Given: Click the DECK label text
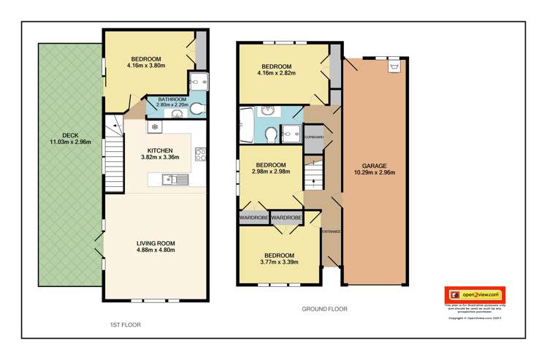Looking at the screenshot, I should coord(70,135).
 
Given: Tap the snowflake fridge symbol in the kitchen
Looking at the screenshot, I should coord(155,127).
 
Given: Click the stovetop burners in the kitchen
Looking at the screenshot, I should coord(200,154).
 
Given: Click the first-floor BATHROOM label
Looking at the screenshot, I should coord(172,99).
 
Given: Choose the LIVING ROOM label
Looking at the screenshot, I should coord(156,243).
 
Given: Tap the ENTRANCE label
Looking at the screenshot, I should coord(331,231).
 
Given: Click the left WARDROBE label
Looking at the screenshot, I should coord(253,217).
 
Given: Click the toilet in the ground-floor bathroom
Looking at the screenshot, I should coord(270,134).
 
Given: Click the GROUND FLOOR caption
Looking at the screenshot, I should coord(325,309).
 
